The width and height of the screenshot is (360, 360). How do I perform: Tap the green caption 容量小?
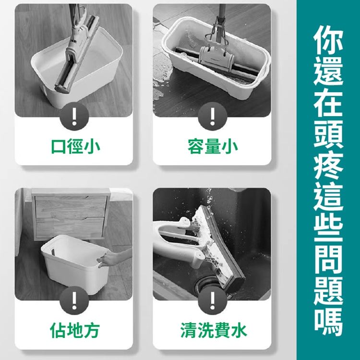[x=213, y=146]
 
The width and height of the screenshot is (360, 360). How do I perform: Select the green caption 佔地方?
[x=75, y=330]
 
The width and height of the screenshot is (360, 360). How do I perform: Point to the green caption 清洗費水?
[x=214, y=330]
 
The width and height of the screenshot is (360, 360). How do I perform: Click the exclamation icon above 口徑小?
[x=74, y=116]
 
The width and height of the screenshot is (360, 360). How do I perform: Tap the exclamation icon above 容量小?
[x=213, y=116]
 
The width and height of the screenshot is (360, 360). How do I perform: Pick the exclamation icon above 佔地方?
[x=74, y=300]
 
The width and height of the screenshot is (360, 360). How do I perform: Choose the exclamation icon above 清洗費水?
[x=213, y=300]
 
